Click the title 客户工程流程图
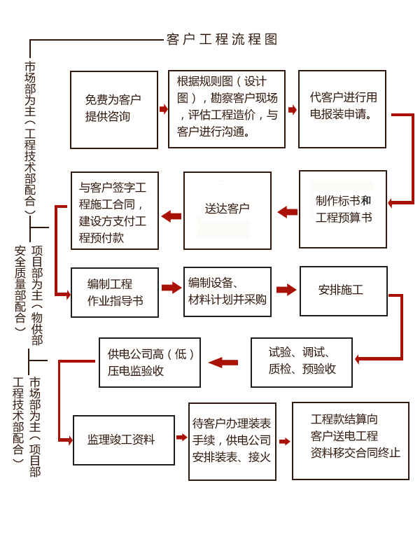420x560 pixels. (x=223, y=39)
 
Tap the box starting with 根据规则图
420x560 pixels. (x=227, y=108)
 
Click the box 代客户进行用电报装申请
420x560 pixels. (x=342, y=108)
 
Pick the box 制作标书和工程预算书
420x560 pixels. (x=343, y=209)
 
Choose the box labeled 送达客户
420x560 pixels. (x=227, y=209)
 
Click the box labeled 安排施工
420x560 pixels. (x=342, y=290)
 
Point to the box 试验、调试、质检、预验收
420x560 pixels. (x=302, y=361)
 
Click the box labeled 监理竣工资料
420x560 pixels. (x=124, y=440)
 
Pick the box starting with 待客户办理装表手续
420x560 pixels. (x=232, y=441)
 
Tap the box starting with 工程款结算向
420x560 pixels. (x=351, y=440)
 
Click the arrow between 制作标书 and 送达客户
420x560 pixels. (x=287, y=211)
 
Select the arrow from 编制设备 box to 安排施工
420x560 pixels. (x=286, y=289)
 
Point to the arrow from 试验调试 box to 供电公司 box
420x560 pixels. (x=223, y=362)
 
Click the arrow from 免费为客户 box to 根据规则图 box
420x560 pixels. (x=164, y=109)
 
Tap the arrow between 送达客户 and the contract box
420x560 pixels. (x=171, y=216)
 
